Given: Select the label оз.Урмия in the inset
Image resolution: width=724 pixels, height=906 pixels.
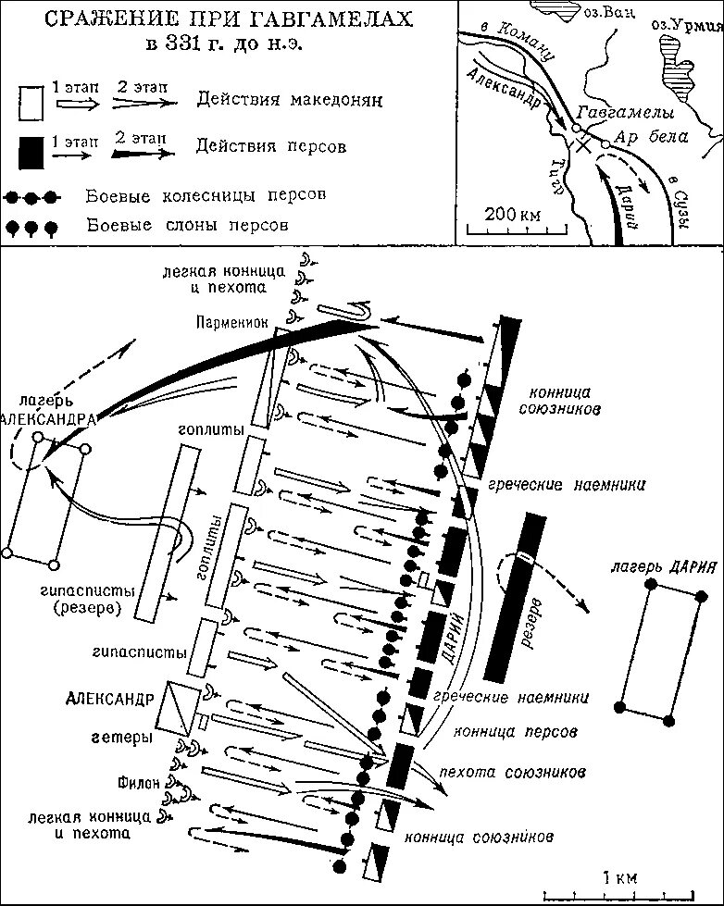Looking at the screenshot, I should (x=686, y=24).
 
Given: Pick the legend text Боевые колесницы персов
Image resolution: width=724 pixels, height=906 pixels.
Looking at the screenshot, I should (x=206, y=197).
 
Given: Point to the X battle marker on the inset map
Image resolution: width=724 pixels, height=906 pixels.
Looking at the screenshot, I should (x=582, y=144).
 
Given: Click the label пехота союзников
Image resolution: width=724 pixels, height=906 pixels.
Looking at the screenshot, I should (x=518, y=771).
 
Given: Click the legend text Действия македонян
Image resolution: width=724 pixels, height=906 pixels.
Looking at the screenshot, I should (x=289, y=99).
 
